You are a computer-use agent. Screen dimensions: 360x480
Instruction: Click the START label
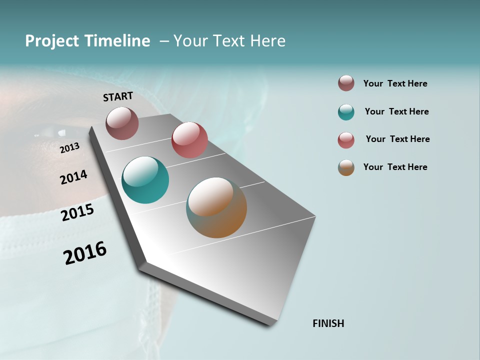pos(118,96)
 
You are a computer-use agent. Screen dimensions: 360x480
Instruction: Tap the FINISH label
pos(328,323)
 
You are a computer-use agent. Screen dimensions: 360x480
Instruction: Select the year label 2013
pos(69,148)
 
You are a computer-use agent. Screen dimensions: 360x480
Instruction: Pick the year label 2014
pos(73,177)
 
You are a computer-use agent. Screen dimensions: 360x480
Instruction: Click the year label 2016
pos(85,253)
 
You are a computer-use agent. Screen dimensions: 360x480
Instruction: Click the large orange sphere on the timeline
pos(216,207)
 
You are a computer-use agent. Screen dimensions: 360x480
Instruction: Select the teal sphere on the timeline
pos(145,180)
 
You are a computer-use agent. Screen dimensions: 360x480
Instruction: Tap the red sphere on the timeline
pos(189,140)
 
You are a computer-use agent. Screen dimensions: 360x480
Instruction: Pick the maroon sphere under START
pos(122,123)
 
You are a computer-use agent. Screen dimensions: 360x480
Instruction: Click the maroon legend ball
pos(346,83)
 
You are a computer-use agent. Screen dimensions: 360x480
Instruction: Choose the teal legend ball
pos(346,112)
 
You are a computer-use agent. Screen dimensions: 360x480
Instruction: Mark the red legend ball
pos(346,140)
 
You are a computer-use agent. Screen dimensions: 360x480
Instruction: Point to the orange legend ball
pos(346,167)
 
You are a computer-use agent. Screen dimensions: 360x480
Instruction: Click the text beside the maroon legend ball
pos(395,83)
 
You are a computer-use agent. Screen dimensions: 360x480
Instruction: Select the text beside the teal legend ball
pos(396,111)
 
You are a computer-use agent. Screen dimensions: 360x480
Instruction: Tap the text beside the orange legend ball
pos(395,167)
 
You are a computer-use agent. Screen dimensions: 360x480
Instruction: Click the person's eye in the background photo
pos(50,133)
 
